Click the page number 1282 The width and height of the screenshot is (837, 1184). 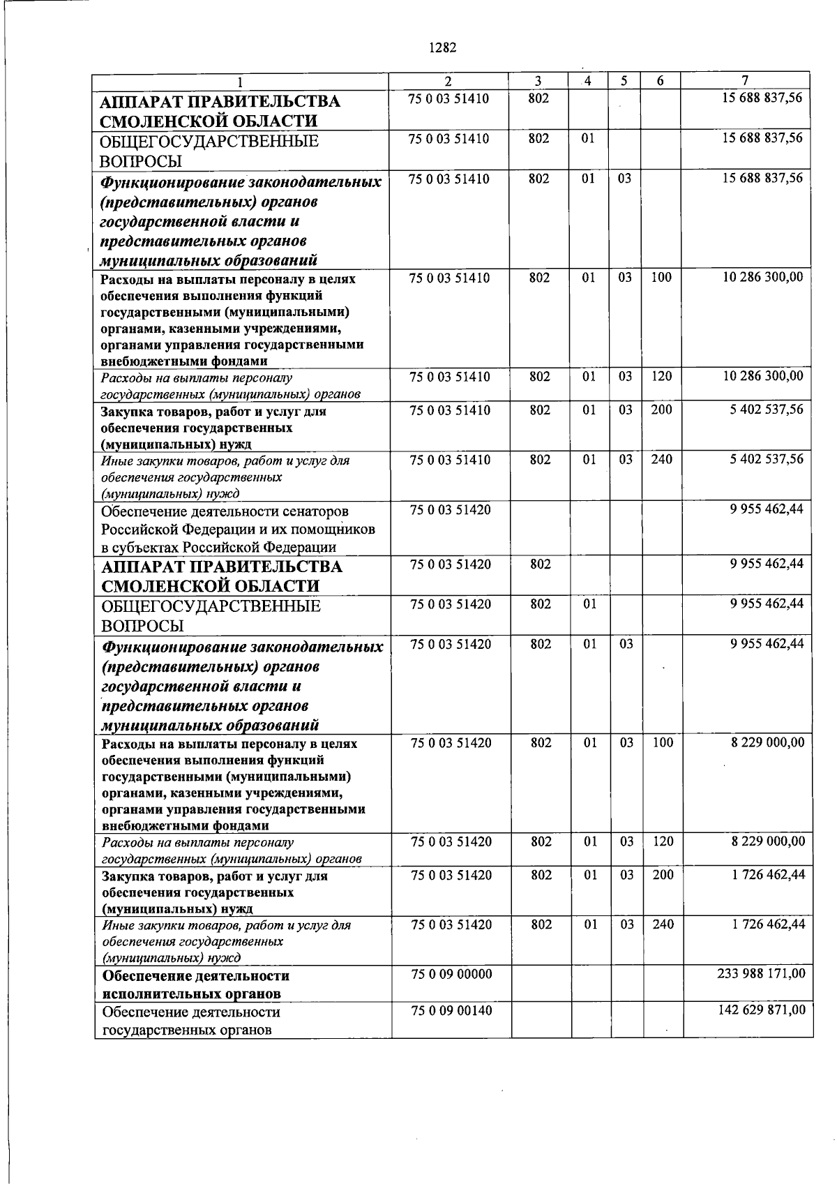[x=442, y=48]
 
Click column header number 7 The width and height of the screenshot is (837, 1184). [x=745, y=81]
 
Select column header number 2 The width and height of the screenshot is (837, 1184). [x=448, y=81]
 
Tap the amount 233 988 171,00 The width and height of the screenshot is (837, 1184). [x=761, y=973]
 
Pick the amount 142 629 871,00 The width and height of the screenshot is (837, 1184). [x=761, y=1010]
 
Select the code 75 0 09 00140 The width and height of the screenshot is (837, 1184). [x=451, y=1010]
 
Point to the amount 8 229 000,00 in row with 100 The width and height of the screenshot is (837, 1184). [x=767, y=742]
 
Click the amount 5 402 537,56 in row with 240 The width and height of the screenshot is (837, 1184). [x=767, y=459]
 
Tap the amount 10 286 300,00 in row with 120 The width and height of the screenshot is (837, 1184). [x=763, y=376]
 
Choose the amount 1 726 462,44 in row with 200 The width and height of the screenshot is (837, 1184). [x=768, y=874]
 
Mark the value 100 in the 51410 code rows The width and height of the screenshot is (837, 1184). [x=661, y=278]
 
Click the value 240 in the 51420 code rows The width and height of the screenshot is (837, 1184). [x=663, y=924]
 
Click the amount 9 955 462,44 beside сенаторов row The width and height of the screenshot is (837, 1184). [x=767, y=509]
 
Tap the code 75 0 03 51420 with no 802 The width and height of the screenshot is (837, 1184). [x=451, y=510]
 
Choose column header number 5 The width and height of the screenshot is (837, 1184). [x=624, y=81]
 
